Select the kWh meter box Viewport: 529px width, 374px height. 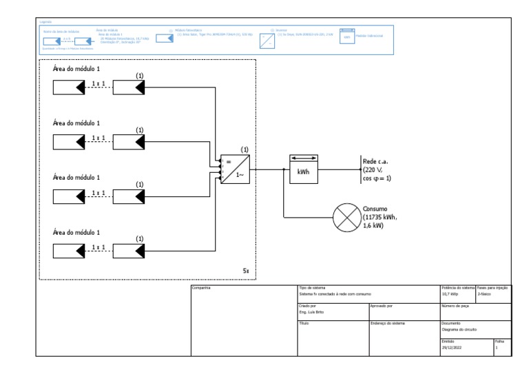(302, 169)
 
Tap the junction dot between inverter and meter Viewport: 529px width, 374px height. (284, 169)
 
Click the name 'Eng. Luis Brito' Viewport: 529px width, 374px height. (313, 311)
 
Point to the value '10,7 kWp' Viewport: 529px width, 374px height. (451, 293)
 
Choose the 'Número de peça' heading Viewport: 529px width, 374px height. (455, 305)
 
